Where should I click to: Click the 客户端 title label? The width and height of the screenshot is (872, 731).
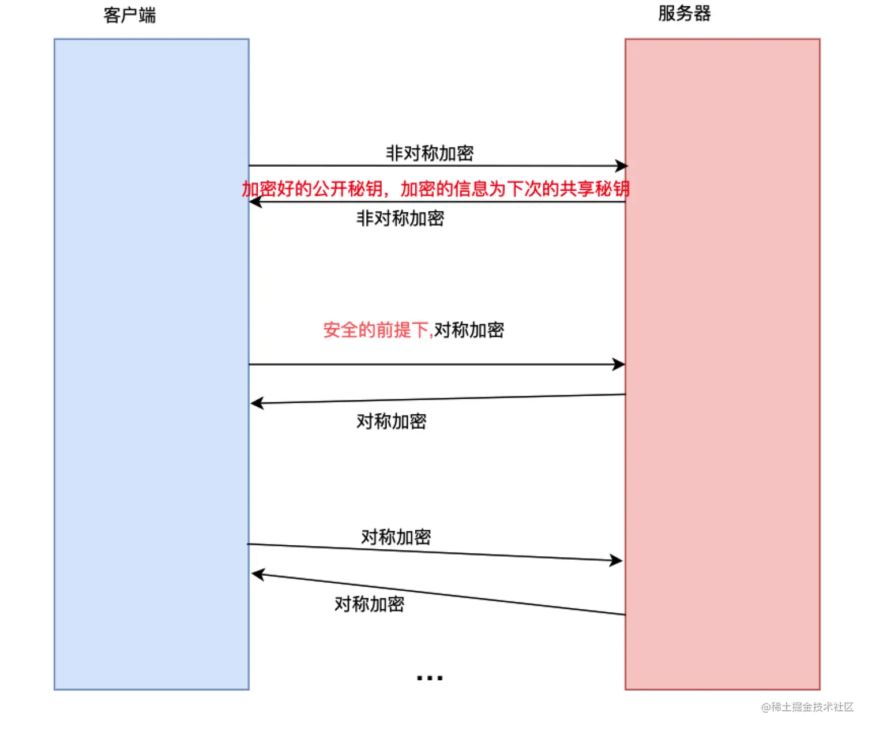(130, 15)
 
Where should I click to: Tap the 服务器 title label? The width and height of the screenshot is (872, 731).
(685, 13)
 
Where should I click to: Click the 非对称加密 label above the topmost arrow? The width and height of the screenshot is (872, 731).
(430, 153)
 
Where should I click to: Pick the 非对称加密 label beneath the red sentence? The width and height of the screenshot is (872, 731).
(400, 218)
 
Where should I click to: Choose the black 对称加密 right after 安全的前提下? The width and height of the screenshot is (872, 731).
(469, 330)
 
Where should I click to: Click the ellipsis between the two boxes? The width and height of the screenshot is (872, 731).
(430, 678)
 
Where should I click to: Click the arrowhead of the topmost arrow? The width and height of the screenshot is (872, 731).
(621, 166)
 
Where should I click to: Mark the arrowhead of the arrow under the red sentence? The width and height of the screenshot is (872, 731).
(255, 202)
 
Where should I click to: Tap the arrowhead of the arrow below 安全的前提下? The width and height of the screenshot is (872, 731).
(619, 364)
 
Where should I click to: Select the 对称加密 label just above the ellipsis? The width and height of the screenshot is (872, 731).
(370, 604)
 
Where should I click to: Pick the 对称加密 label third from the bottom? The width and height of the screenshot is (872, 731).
(392, 421)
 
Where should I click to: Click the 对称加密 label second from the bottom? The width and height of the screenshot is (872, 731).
(396, 537)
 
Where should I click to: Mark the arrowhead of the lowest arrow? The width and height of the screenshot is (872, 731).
(258, 575)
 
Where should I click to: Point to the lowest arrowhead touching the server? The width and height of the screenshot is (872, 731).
(617, 560)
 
